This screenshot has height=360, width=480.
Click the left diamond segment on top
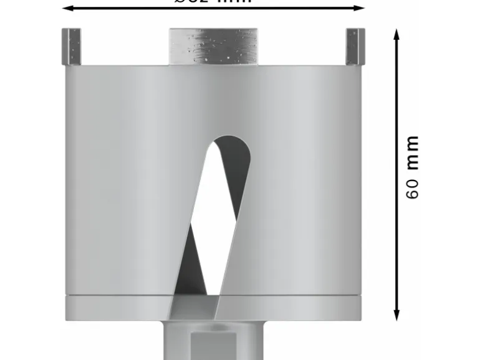click(71, 47)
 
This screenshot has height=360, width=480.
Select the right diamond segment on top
click(355, 47)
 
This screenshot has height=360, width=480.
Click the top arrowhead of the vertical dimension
click(396, 35)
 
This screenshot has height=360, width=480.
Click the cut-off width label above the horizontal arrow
click(213, 2)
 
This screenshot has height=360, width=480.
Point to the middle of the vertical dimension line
click(396, 174)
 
